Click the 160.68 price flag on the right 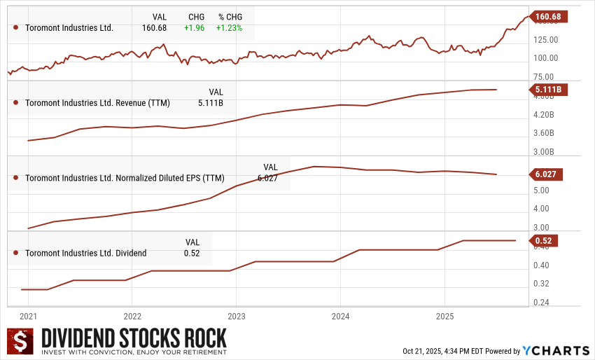549,17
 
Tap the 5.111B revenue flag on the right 549,90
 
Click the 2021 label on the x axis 29,315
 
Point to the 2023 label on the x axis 237,315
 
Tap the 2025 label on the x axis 444,315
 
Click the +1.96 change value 194,28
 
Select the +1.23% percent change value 229,28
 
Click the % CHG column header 229,17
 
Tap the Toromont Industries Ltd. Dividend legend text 86,253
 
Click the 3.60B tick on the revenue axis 543,133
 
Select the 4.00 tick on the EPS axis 540,209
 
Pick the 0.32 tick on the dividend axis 542,284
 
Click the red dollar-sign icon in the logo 21,341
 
